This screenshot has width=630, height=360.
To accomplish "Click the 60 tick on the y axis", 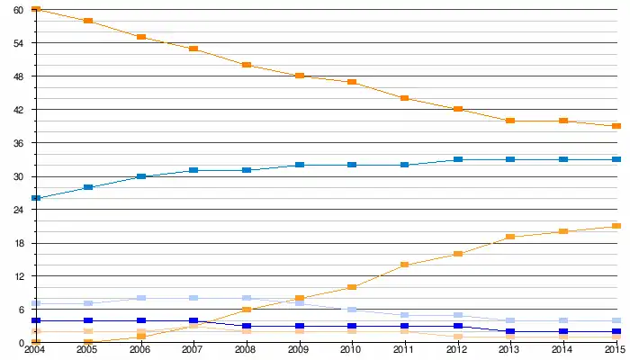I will [x=18, y=9].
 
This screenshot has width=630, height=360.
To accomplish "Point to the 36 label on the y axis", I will [x=18, y=143].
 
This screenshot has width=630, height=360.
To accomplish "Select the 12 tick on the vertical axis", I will [x=18, y=276].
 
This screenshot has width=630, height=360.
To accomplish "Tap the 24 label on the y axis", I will [x=18, y=210].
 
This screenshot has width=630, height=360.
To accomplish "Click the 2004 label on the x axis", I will [x=35, y=350].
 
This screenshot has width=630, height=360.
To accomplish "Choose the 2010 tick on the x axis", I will [x=352, y=350].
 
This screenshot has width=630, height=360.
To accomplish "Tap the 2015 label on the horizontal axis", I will [x=616, y=350].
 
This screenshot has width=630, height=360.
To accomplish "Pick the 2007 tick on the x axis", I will [x=193, y=350].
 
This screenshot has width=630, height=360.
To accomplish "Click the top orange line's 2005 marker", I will [x=88, y=20].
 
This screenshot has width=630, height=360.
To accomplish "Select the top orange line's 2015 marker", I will [x=616, y=126].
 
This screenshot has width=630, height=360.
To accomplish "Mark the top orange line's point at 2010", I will [x=352, y=82].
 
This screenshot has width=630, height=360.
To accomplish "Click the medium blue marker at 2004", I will [x=35, y=198].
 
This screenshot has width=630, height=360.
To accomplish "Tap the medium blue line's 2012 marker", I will [x=458, y=159].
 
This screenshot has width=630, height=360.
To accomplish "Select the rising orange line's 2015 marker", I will [x=616, y=226].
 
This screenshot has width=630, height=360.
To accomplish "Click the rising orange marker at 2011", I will [x=405, y=265].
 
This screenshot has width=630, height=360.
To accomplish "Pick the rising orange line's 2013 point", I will [x=510, y=237].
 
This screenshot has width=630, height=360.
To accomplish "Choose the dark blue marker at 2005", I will [x=88, y=320].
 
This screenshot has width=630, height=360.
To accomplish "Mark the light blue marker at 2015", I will [x=616, y=320].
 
